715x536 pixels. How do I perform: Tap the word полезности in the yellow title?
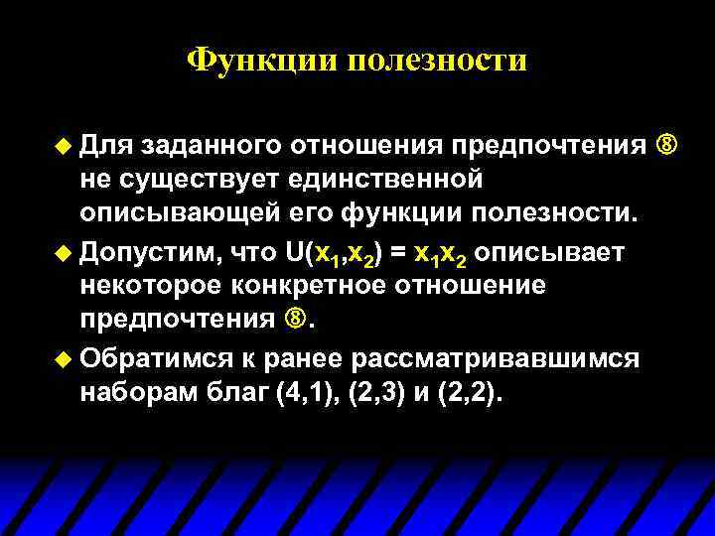coord(437,62)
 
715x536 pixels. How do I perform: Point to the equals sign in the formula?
coord(396,253)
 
